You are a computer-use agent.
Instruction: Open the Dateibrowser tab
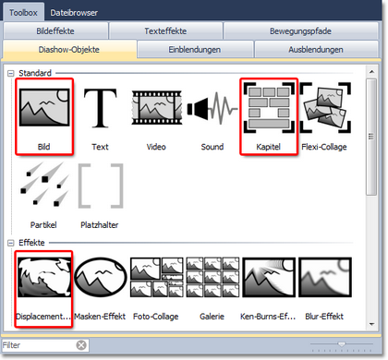point(74,13)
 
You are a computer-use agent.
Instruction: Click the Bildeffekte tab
point(55,31)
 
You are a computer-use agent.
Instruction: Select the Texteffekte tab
point(165,31)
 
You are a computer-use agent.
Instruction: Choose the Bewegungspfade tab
point(300,31)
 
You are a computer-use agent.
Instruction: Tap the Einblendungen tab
point(195,50)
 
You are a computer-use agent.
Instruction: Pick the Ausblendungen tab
point(316,50)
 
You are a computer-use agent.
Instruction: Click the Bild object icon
point(44,107)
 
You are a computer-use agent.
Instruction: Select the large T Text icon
point(101,108)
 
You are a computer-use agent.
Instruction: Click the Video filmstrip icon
point(157,108)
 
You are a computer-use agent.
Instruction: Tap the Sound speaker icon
point(212,108)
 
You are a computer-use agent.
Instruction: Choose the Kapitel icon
point(269,108)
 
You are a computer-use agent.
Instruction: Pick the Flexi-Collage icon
point(325,108)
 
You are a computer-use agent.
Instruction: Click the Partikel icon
point(44,184)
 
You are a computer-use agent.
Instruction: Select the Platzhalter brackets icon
point(101,186)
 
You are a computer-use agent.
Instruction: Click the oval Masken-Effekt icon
point(101,277)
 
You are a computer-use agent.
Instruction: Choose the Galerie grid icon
point(212,277)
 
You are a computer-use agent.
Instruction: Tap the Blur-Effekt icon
point(325,277)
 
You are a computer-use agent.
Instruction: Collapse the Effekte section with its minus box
point(11,243)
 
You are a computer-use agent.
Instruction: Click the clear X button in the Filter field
point(81,345)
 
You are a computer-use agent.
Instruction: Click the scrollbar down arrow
point(371,324)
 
